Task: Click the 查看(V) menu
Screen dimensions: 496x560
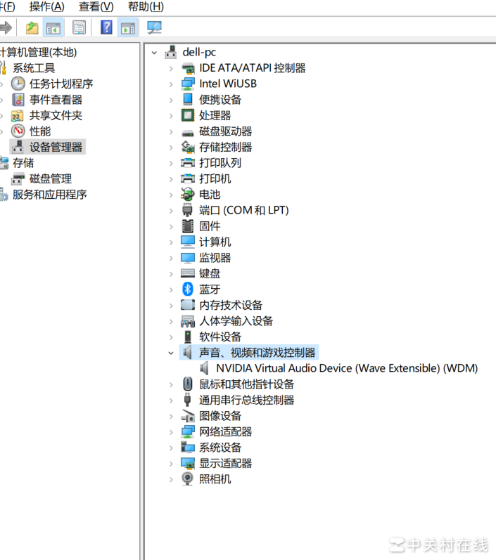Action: pos(96,6)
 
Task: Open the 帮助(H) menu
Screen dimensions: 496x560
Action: pos(146,6)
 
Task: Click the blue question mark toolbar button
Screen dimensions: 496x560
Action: pos(106,27)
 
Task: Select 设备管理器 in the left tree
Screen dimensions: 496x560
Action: pos(56,147)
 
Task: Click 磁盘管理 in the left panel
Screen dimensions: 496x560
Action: pos(51,178)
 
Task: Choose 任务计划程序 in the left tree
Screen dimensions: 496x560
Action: pos(61,84)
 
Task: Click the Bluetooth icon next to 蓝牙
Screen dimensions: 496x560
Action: pos(187,289)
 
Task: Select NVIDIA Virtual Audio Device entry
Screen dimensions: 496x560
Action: pos(347,368)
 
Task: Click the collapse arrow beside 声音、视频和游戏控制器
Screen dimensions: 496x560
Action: pos(171,353)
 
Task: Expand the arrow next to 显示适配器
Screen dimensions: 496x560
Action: pos(171,464)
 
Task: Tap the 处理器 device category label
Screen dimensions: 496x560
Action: pos(215,115)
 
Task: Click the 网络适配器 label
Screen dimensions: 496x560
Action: pos(225,432)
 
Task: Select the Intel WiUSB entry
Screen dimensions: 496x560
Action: pos(228,84)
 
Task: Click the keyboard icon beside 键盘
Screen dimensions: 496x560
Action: pos(187,273)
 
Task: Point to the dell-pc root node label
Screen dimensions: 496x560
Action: pos(199,52)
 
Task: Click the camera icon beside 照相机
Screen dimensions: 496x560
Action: pos(187,479)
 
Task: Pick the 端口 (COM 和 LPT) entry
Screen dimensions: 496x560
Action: pos(244,210)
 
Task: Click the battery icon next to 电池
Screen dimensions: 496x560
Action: pos(187,195)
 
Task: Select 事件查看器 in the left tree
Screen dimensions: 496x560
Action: pos(56,100)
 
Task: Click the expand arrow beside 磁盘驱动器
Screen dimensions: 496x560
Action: pos(171,132)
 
